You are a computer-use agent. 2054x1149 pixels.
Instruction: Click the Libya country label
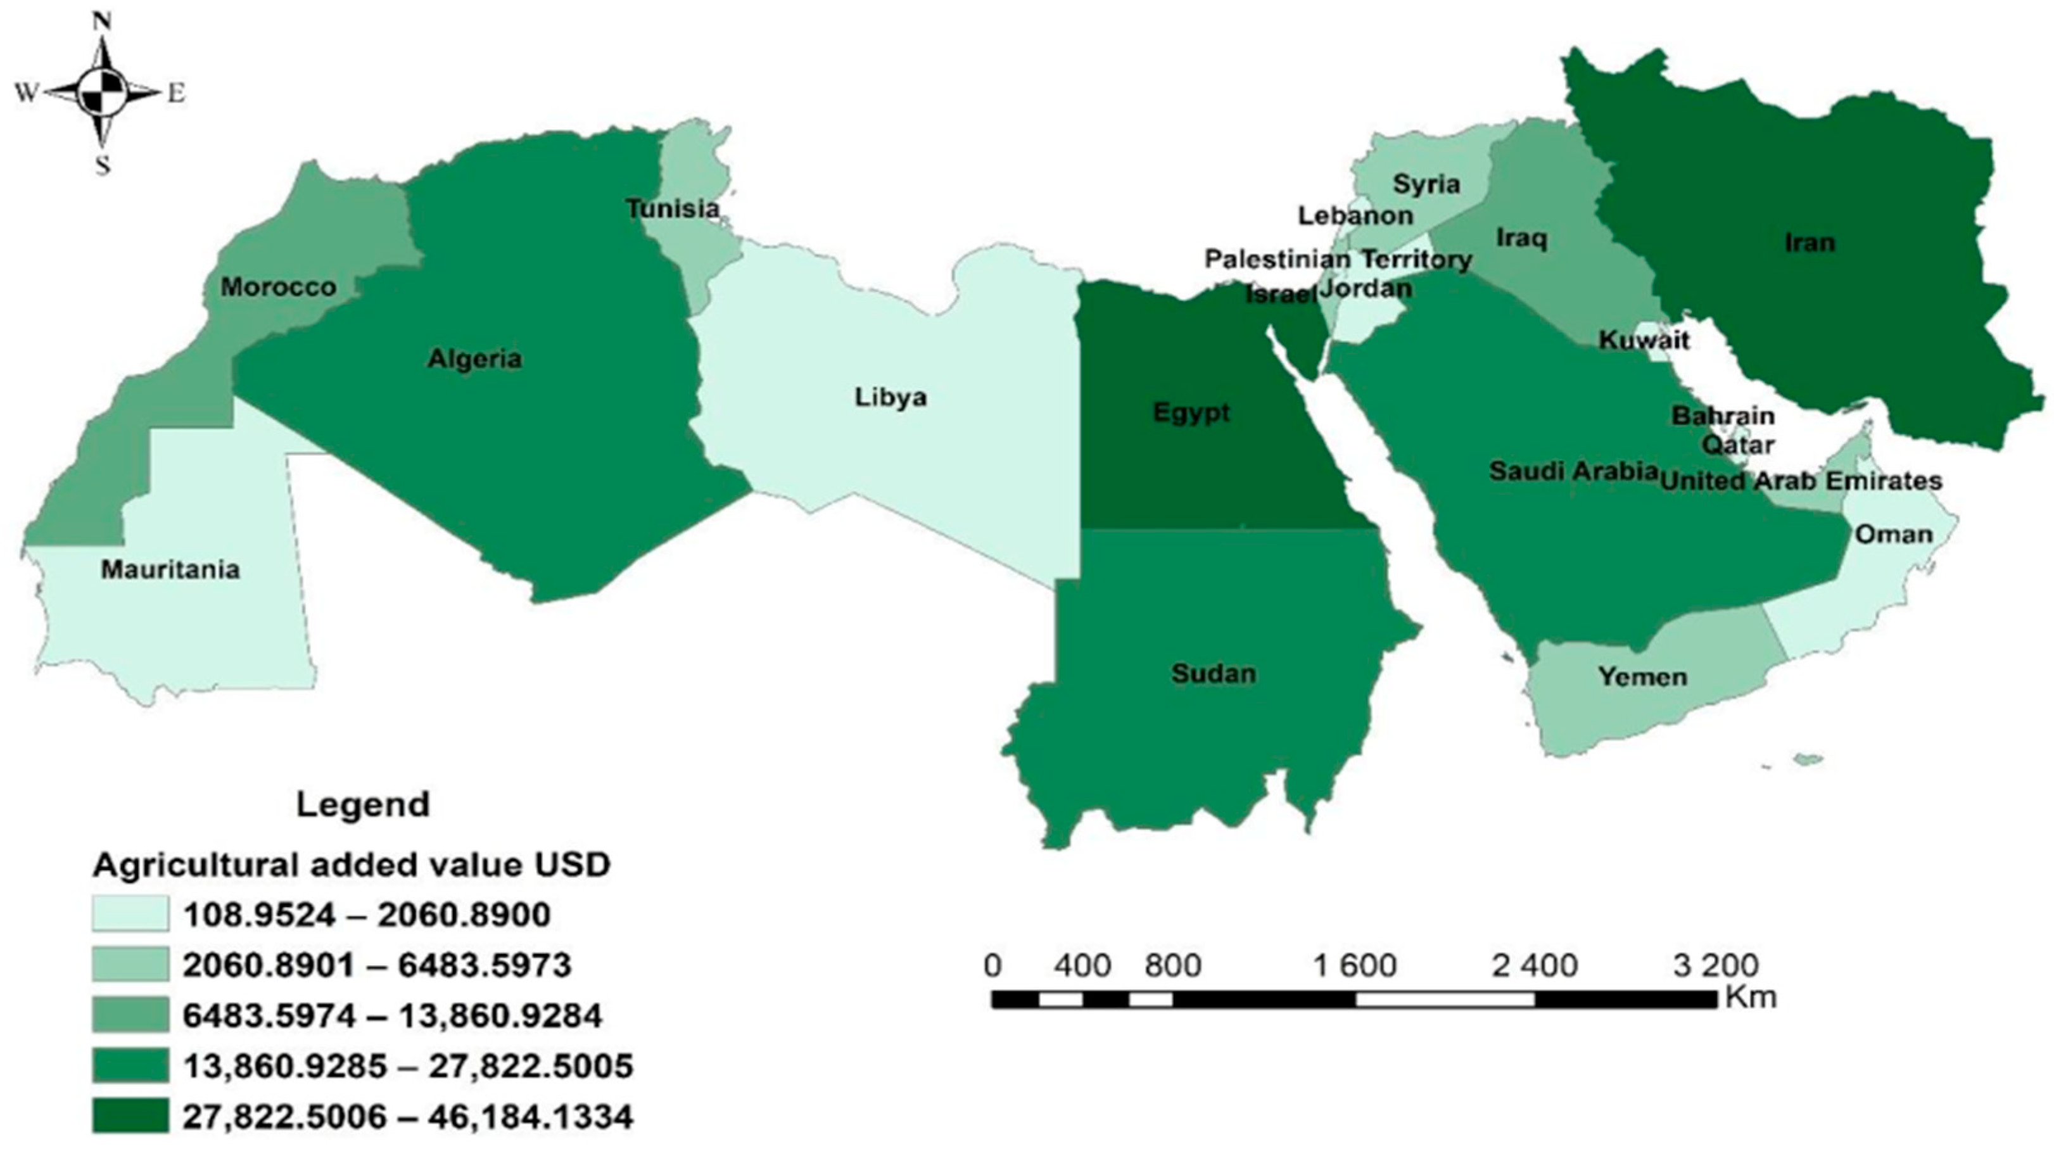[891, 397]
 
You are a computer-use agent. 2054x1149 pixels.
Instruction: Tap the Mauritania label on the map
[170, 569]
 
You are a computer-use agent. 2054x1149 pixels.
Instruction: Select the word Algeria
[474, 359]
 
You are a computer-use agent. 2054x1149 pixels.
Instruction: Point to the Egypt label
[1191, 412]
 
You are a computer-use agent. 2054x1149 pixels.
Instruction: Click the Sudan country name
[1214, 674]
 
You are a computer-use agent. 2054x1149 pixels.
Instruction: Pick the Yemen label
[1642, 677]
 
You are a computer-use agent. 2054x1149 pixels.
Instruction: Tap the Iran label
[1810, 243]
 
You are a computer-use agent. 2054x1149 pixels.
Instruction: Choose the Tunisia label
[672, 209]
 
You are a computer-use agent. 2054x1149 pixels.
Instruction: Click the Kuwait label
[1644, 341]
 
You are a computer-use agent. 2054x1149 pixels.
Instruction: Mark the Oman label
[1893, 534]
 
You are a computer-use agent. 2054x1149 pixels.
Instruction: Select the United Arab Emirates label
[1801, 481]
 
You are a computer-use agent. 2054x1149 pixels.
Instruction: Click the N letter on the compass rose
[101, 22]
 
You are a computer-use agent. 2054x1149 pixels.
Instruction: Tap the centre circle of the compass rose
[102, 92]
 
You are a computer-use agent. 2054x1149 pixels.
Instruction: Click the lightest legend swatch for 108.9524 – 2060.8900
[130, 914]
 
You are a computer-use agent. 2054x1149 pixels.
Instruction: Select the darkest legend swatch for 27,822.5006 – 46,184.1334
[130, 1115]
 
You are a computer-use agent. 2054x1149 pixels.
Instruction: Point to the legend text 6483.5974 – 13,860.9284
[392, 1016]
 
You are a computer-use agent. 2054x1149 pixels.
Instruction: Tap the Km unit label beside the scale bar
[1751, 998]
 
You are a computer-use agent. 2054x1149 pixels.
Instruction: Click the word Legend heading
[363, 804]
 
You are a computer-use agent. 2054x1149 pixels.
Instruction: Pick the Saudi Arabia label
[1573, 471]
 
